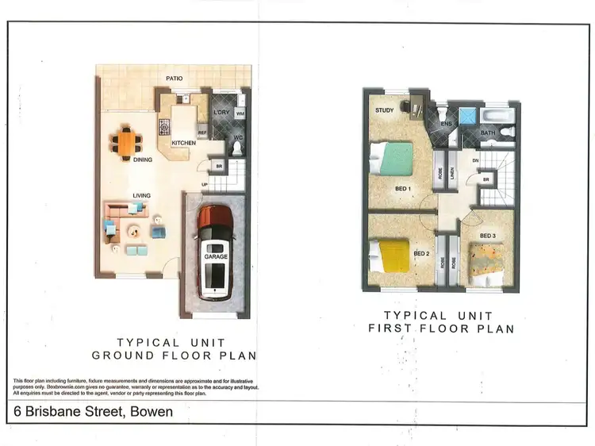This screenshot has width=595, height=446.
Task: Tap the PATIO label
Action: pos(175,79)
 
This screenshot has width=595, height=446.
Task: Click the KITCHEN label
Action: pos(183,144)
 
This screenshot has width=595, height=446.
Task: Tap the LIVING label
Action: pos(143,195)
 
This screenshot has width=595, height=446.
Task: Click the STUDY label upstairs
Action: pos(385,110)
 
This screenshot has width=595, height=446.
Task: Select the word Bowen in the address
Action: pos(151,412)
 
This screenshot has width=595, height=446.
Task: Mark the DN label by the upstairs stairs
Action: pos(476,160)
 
